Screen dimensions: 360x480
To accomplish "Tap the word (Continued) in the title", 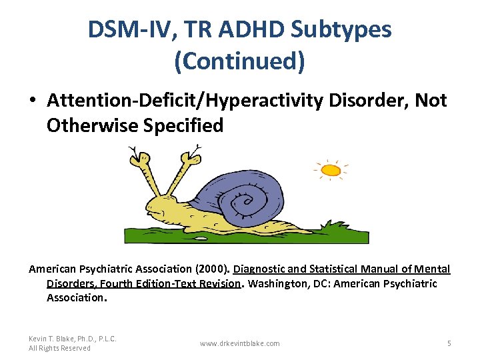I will point(239,61).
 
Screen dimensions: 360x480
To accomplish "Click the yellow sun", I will point(331,171).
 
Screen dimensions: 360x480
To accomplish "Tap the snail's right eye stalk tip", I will point(193,159).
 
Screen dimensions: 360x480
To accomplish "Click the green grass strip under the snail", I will point(247,235).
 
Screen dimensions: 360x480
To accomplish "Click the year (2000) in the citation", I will point(211,269).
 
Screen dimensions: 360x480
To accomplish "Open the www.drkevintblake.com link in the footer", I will point(240,343).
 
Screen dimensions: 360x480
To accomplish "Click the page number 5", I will point(449,343).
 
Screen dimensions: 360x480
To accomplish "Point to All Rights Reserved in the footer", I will point(59,349).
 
